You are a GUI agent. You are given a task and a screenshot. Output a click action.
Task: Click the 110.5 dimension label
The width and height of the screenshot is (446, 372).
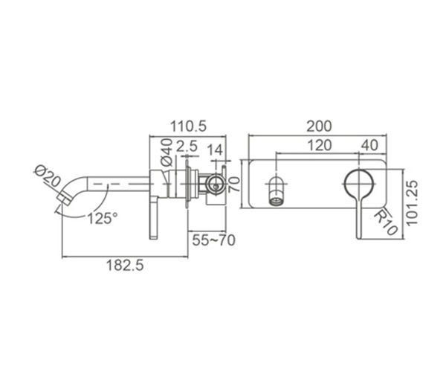click(188, 126)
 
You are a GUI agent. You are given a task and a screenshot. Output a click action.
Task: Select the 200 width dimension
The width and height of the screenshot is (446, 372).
click(319, 126)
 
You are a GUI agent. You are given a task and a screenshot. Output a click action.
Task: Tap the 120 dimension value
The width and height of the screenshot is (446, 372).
click(320, 145)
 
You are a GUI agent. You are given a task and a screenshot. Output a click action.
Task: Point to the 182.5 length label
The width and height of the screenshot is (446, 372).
click(125, 266)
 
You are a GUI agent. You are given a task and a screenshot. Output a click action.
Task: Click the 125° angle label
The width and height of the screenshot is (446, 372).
click(103, 219)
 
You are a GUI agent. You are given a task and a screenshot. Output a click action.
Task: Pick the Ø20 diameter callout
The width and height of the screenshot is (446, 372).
click(48, 176)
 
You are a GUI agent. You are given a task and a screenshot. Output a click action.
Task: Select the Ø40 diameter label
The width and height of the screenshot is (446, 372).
click(167, 153)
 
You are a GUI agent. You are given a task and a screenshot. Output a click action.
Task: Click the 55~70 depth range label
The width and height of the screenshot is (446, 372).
click(213, 240)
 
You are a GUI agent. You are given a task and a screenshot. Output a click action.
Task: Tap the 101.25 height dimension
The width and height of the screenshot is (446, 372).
click(412, 203)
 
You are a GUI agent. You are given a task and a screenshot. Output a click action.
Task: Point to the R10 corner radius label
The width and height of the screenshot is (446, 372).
click(385, 222)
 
